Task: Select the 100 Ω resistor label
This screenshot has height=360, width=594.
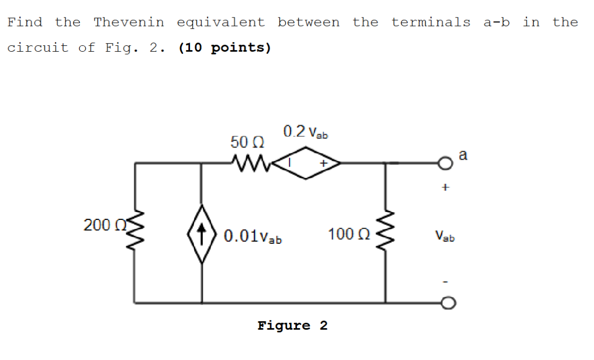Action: pyautogui.click(x=348, y=234)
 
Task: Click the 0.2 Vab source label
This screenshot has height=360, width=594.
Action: pyautogui.click(x=306, y=132)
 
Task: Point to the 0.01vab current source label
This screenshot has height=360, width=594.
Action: pyautogui.click(x=253, y=235)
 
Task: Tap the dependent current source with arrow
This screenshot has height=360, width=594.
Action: pyautogui.click(x=202, y=234)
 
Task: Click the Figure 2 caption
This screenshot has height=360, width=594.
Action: pyautogui.click(x=292, y=325)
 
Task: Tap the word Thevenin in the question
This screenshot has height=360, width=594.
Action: pyautogui.click(x=128, y=22)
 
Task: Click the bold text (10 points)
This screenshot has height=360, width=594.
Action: pyautogui.click(x=225, y=48)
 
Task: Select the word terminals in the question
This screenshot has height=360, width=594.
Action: pyautogui.click(x=431, y=22)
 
